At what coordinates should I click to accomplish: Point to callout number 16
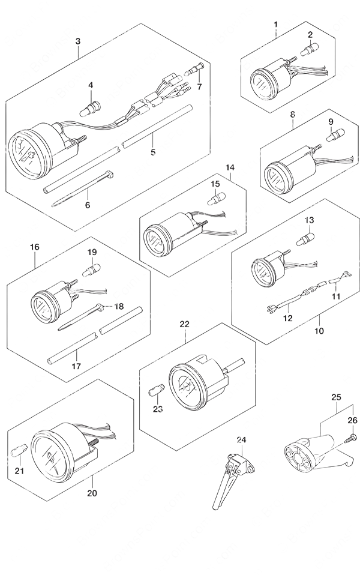[34, 247]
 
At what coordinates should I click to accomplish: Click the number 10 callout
[317, 330]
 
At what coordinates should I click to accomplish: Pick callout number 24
[242, 440]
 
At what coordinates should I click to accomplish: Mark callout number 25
[335, 397]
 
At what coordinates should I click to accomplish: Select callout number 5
[152, 152]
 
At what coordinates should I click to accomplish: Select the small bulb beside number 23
[155, 389]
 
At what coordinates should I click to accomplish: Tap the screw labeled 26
[347, 441]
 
